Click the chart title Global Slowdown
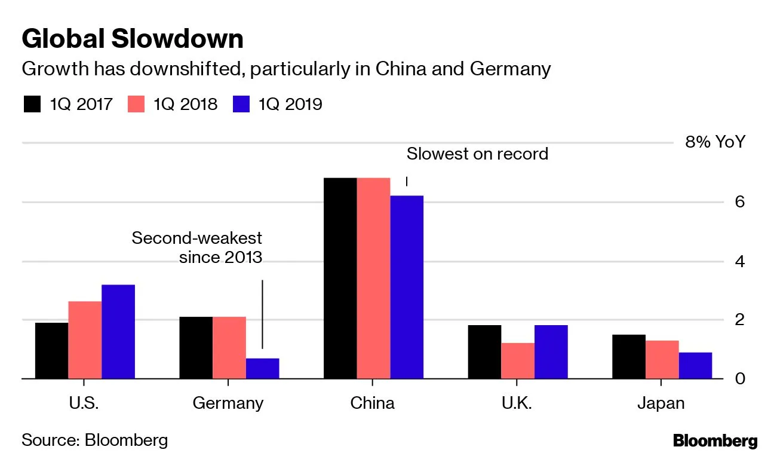132,39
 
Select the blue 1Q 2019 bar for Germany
262,368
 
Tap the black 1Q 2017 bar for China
340,278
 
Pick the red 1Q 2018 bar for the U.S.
85,339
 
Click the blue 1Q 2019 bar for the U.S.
118,331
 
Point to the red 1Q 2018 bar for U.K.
517,360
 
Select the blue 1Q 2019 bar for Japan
695,365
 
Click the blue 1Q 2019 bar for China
407,287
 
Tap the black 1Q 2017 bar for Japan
628,356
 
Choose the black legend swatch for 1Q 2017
32,104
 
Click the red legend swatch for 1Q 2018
137,104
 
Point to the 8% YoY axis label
715,143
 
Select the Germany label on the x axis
228,403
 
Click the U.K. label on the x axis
517,403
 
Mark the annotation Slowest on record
477,154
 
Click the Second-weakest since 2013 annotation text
197,247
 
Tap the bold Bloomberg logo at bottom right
715,442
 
